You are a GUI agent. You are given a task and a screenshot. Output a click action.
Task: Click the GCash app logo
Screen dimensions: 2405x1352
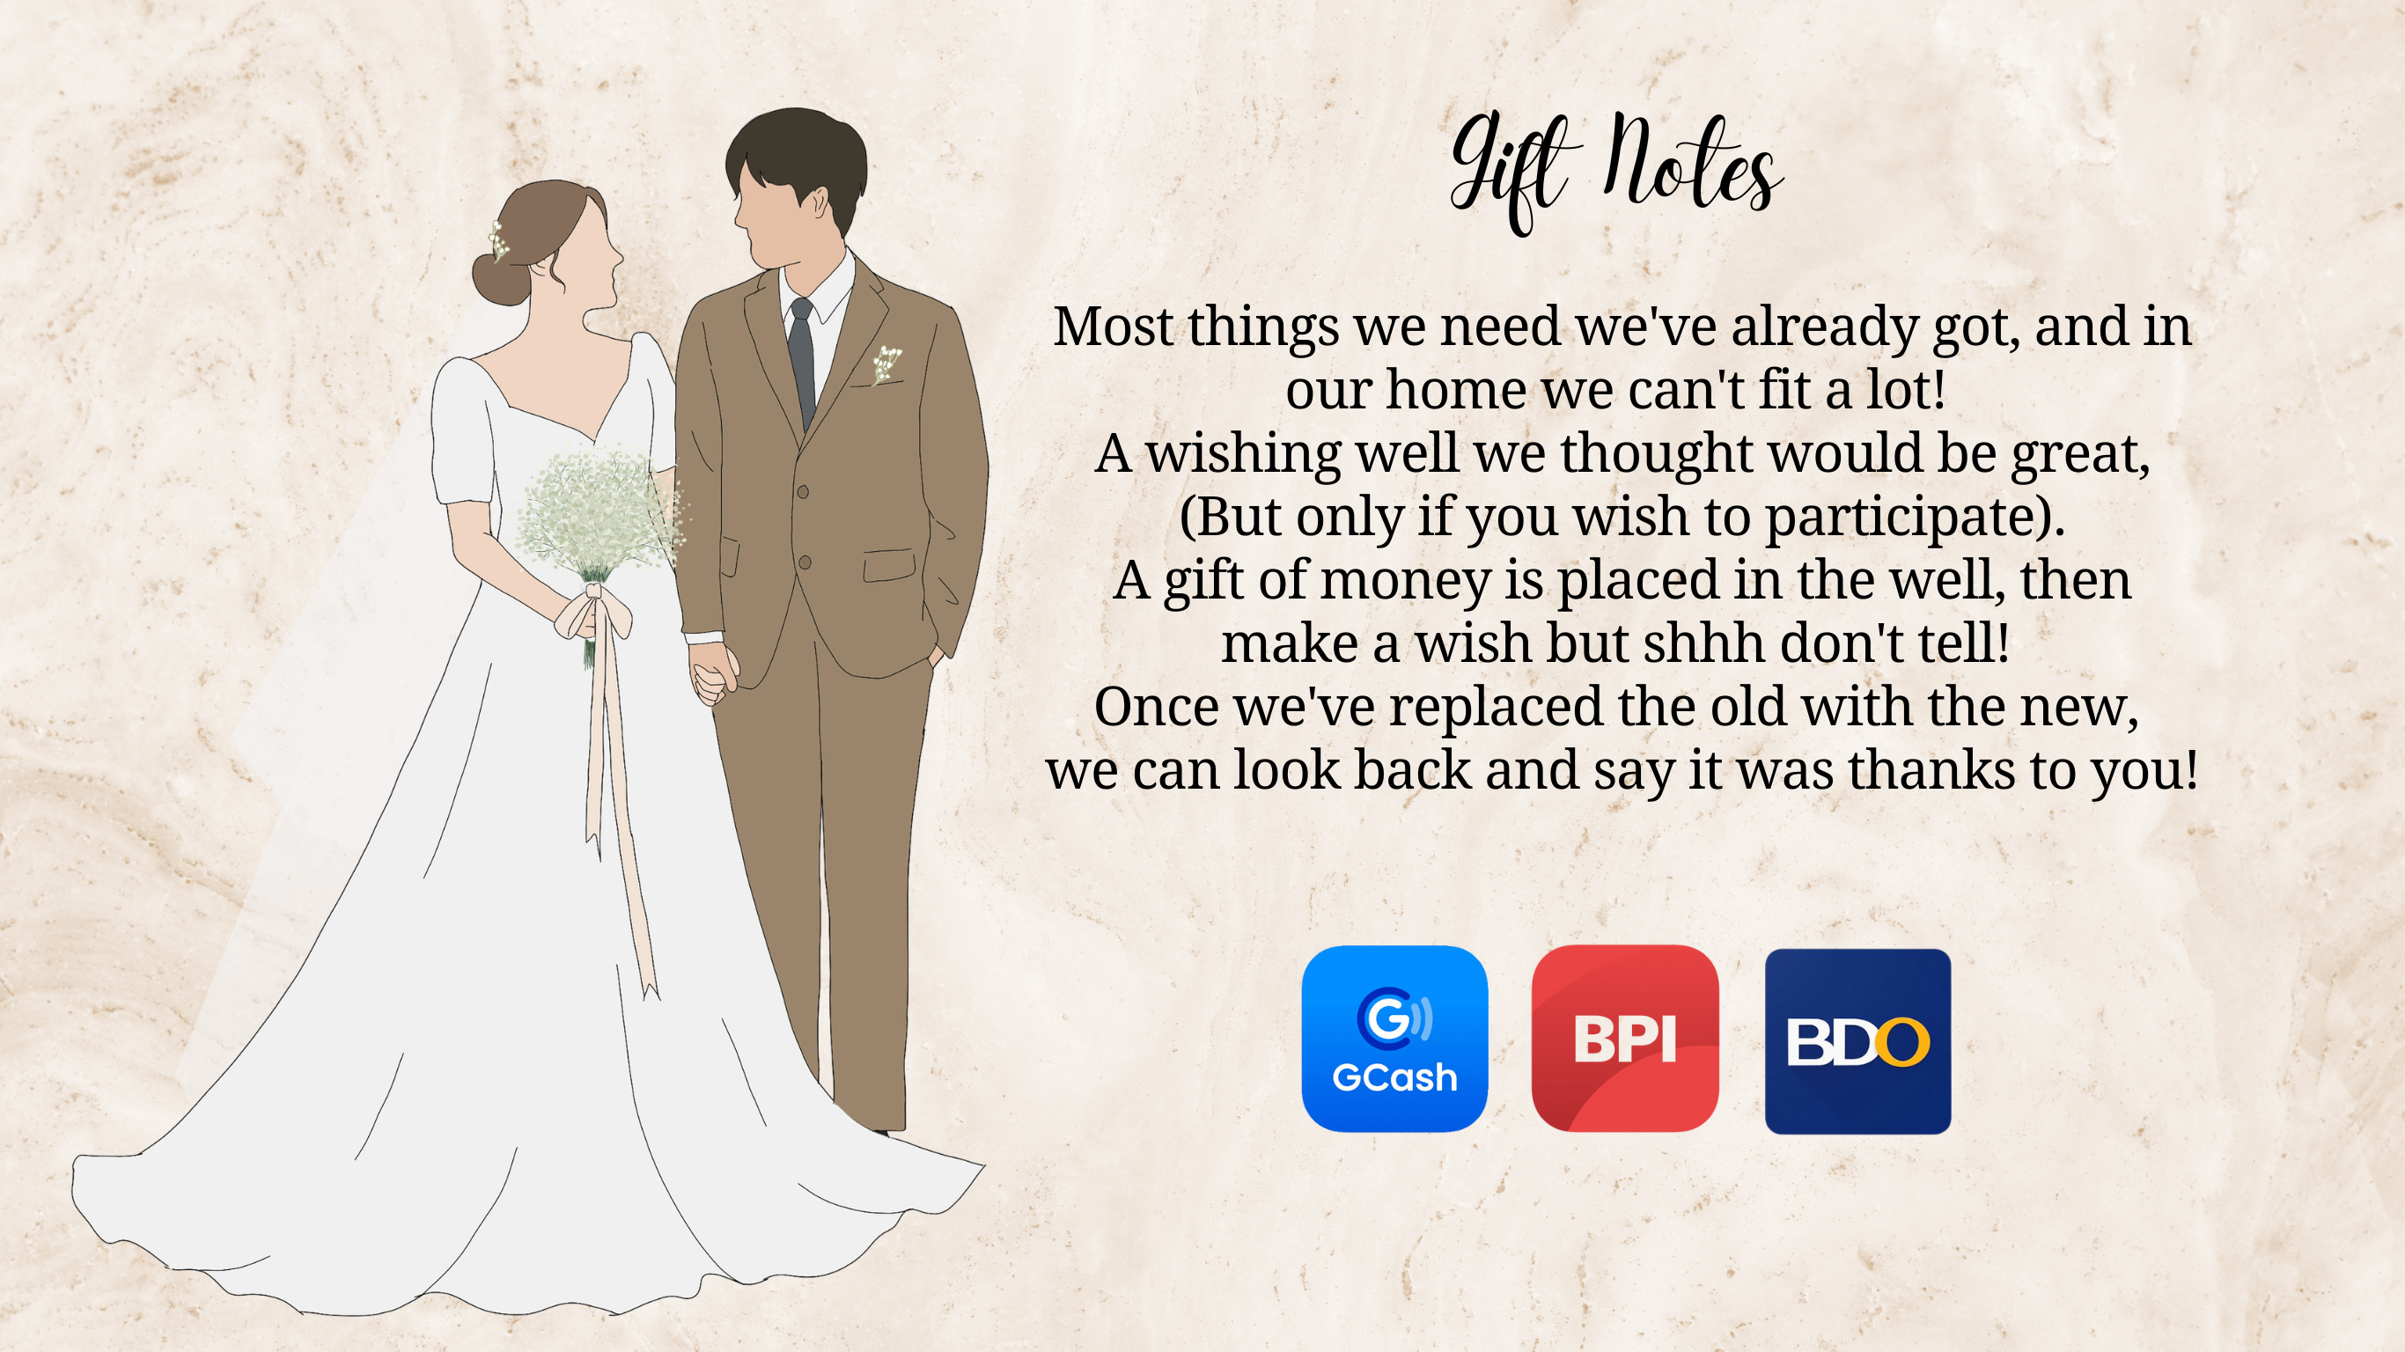1394,1039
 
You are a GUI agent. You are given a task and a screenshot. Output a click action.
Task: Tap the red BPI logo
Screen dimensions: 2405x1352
1624,1039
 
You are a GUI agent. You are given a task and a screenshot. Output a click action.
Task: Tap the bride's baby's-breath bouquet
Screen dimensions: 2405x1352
602,518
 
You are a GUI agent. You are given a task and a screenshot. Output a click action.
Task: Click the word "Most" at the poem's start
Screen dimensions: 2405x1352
1113,327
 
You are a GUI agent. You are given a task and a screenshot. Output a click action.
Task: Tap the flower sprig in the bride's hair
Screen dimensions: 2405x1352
498,240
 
